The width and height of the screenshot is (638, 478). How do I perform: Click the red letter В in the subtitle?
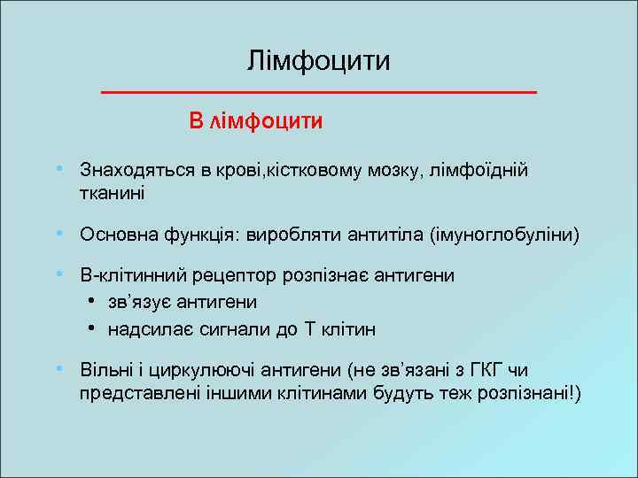196,120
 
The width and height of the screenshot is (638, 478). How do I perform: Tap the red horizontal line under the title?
319,92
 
